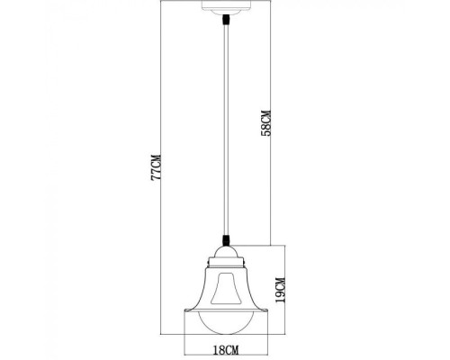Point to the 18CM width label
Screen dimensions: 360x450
point(226,348)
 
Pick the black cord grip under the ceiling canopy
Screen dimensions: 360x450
point(225,25)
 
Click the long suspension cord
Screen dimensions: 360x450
point(225,135)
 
